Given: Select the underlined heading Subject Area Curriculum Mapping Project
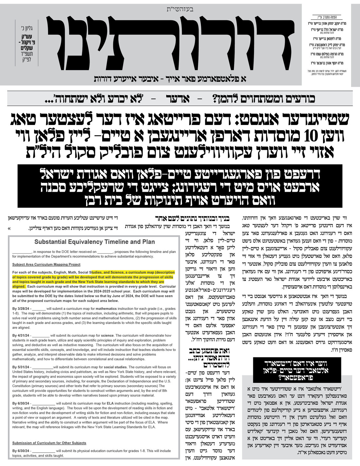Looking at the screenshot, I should (46, 264).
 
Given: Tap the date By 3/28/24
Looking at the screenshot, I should (21, 309).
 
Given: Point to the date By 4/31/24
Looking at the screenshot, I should (21, 335).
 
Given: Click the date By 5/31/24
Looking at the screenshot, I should (21, 367).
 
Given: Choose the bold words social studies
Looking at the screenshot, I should (115, 367).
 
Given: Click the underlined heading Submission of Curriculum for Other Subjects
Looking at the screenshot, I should (49, 443).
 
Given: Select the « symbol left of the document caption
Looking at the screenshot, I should (9, 228).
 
